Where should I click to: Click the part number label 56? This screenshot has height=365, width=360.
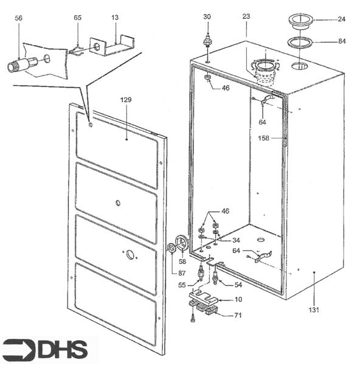tap(18, 19)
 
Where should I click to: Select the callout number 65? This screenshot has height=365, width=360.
tap(77, 19)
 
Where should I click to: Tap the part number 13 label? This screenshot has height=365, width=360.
tap(115, 19)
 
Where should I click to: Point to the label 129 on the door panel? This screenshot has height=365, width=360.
tap(126, 99)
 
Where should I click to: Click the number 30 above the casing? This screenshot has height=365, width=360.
tap(207, 16)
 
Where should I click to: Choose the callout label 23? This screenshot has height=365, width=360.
tap(246, 16)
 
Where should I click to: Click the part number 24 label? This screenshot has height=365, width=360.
tap(342, 19)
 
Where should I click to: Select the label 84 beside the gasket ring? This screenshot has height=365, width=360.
tap(342, 42)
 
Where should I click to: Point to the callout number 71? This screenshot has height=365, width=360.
tap(238, 315)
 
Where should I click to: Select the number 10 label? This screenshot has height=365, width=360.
tap(238, 300)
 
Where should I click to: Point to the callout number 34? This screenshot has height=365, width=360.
tap(236, 240)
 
